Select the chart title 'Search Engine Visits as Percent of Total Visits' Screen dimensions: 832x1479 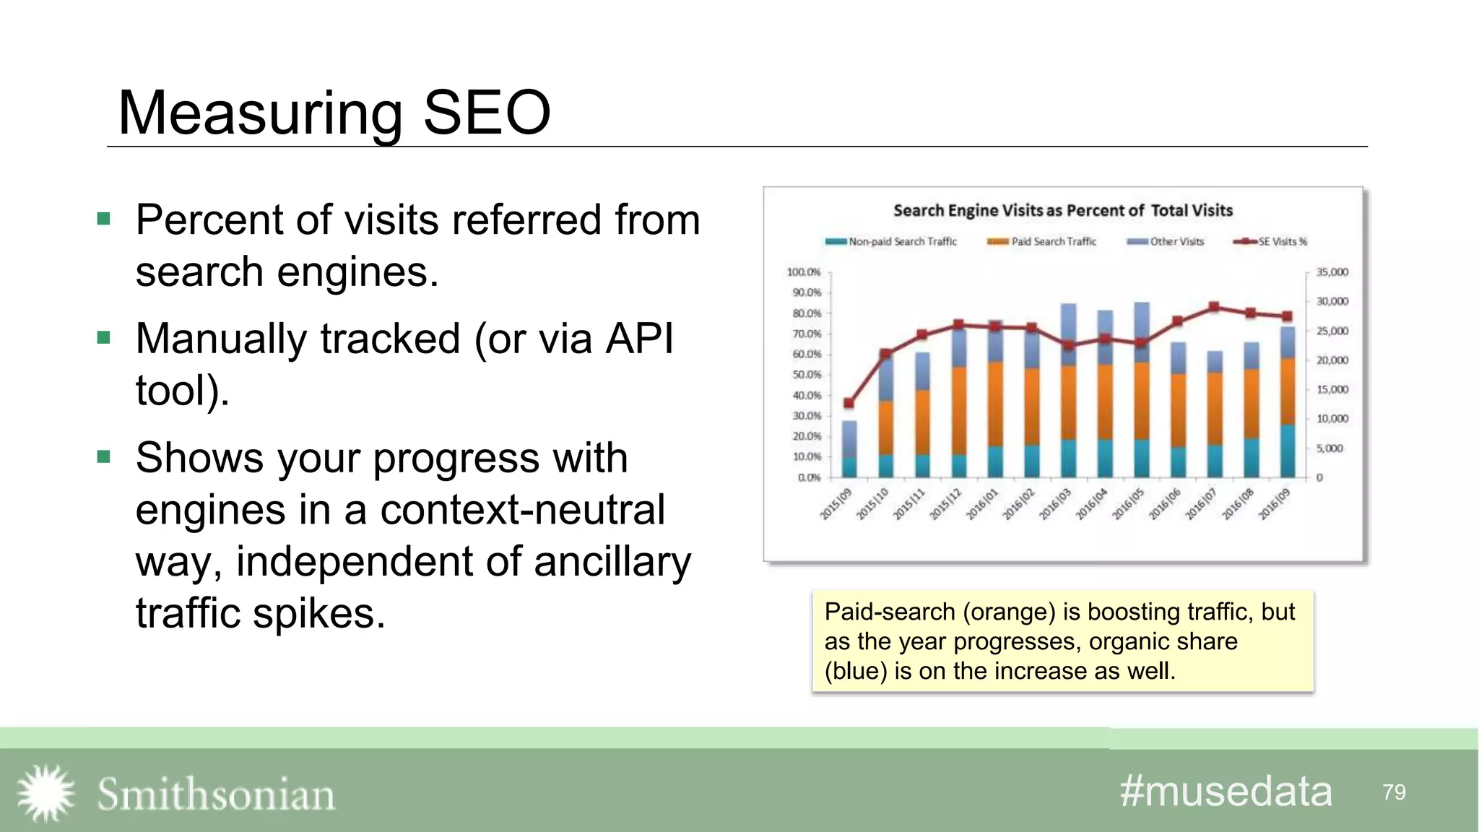tap(1062, 210)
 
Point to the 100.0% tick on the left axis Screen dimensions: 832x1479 tap(804, 272)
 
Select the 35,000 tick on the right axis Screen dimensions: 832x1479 tap(1332, 272)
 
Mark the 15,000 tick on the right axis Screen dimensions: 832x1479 tap(1332, 389)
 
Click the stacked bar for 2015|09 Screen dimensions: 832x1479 tap(849, 449)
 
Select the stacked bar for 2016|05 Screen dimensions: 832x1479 tap(1142, 390)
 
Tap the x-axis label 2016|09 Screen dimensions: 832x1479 tap(1274, 504)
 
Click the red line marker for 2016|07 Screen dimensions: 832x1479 tap(1214, 307)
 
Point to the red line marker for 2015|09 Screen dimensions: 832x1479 tap(849, 403)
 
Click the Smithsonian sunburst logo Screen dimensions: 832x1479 tap(45, 793)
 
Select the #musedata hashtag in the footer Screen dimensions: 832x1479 tap(1226, 792)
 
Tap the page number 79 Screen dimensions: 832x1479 tap(1394, 792)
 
